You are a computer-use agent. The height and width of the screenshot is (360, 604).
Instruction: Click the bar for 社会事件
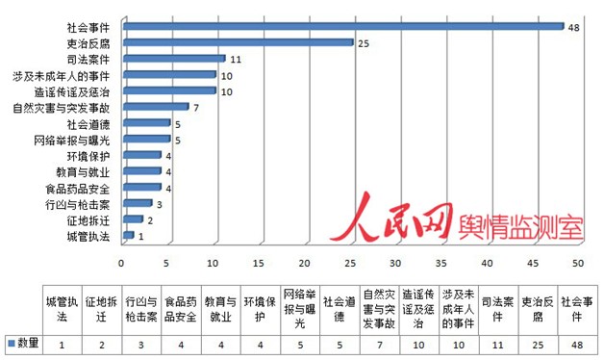(x=341, y=26)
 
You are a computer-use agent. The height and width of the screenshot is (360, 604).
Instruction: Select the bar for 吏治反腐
(x=236, y=42)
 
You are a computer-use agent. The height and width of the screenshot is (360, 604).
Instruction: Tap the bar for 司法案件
(x=172, y=58)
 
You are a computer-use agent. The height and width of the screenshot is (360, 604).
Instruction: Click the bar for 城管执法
(x=127, y=235)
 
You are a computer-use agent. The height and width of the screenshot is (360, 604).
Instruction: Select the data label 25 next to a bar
(x=363, y=42)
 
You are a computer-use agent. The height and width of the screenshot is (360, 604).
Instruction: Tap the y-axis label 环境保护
(x=88, y=155)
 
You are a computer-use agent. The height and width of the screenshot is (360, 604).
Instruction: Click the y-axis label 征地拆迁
(x=88, y=219)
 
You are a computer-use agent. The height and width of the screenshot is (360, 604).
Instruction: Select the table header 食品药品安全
(x=181, y=307)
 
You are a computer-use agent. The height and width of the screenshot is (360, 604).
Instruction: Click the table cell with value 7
(x=379, y=344)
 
